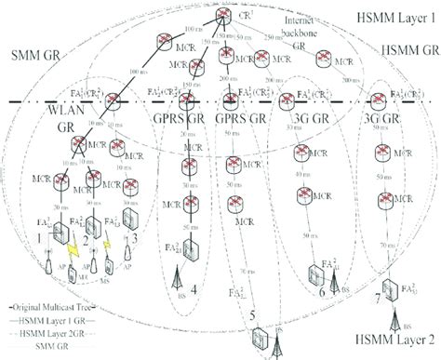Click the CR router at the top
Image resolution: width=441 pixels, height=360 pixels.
pos(222,16)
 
